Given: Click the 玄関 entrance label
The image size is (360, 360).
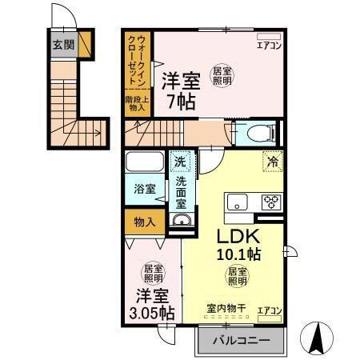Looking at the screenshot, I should pos(64,45).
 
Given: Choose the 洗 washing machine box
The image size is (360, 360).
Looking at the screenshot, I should pos(182,161).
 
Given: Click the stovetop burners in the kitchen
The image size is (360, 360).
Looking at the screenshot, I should pos(270,201).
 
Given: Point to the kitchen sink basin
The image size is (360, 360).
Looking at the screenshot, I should pos(238,201).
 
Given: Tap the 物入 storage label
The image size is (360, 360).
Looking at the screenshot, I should pos(145,221).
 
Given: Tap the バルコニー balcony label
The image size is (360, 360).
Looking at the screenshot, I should pos(241,342).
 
